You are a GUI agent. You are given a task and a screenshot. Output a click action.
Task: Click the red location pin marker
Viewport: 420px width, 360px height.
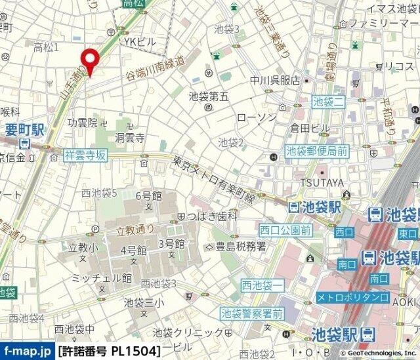point(89,60)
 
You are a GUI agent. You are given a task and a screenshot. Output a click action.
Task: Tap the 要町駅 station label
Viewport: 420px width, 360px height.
point(24,129)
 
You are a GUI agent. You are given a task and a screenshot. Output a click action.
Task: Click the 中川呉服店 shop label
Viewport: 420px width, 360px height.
point(274,81)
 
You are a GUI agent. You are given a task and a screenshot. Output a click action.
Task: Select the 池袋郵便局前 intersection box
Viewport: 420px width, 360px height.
point(316,150)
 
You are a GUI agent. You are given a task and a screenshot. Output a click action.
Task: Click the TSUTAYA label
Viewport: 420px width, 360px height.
point(322,182)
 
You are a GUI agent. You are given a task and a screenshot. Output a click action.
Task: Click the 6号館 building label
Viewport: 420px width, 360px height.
point(148,195)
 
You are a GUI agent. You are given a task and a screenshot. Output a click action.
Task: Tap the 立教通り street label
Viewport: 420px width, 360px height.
point(135,230)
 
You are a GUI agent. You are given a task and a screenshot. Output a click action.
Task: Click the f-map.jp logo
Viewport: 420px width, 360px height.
point(27,351)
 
